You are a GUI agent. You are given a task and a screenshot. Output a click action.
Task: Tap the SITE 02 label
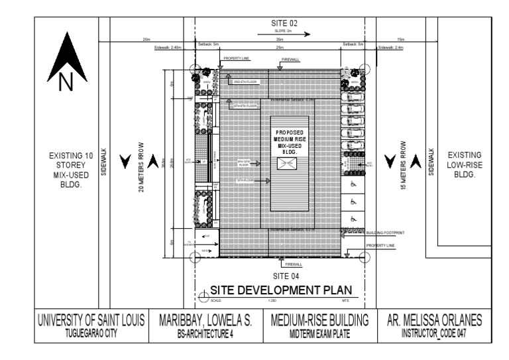click(x=285, y=23)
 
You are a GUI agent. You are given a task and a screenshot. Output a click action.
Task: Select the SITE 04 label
click(x=286, y=274)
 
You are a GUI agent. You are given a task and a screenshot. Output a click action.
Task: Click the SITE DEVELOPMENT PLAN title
click(x=280, y=290)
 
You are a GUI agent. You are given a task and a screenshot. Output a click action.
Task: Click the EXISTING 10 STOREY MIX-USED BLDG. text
click(x=65, y=170)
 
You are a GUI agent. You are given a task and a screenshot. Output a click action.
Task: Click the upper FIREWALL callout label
click(x=290, y=60)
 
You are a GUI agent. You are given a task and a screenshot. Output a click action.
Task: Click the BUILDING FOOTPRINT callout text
click(x=385, y=233)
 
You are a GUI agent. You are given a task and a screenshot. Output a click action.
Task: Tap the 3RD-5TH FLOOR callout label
click(x=247, y=82)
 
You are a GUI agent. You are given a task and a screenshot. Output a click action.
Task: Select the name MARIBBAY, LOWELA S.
click(x=205, y=320)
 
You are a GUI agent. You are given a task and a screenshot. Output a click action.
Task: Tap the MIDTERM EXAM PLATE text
click(x=319, y=333)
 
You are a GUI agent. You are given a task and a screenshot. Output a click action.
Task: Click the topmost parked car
click(x=351, y=95)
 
